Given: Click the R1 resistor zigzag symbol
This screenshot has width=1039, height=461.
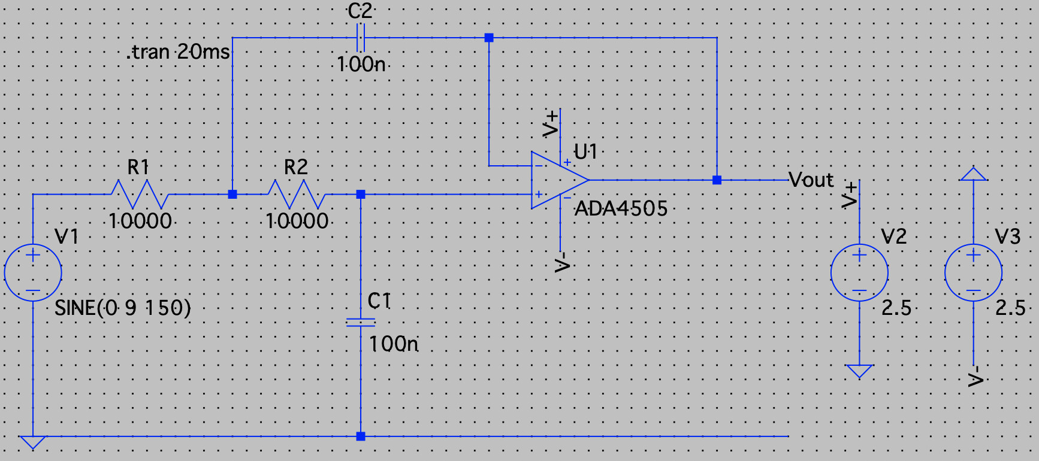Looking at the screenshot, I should click(140, 194).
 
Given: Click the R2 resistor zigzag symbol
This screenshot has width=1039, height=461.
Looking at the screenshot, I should click(297, 194).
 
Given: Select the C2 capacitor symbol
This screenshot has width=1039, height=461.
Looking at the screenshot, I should click(360, 38).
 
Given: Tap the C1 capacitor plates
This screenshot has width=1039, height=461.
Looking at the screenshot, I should click(361, 323).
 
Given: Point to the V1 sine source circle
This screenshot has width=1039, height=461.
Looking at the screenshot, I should click(33, 272).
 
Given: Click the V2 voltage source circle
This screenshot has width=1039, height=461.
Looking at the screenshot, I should click(859, 272).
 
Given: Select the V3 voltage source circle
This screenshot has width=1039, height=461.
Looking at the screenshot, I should click(973, 272).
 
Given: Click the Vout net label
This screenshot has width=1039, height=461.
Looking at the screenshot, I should click(811, 180).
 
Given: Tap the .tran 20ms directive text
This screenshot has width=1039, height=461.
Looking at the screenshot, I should click(179, 53).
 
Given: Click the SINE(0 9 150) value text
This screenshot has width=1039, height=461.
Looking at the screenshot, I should click(123, 308).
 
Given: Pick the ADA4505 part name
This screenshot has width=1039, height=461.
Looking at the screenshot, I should click(621, 209).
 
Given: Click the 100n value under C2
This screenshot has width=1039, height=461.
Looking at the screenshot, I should click(361, 64).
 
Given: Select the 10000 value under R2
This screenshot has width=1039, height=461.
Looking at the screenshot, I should click(297, 222).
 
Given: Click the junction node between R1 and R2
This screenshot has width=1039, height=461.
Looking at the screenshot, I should click(232, 194).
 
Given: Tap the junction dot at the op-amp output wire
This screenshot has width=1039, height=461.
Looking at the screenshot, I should click(717, 180).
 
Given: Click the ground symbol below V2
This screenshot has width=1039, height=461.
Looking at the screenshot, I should click(859, 371).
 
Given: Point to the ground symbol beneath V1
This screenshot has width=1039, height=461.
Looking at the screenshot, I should click(33, 442).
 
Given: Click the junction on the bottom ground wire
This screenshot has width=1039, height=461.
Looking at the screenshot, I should click(361, 436).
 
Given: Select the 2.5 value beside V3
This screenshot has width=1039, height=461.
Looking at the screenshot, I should click(1010, 308).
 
